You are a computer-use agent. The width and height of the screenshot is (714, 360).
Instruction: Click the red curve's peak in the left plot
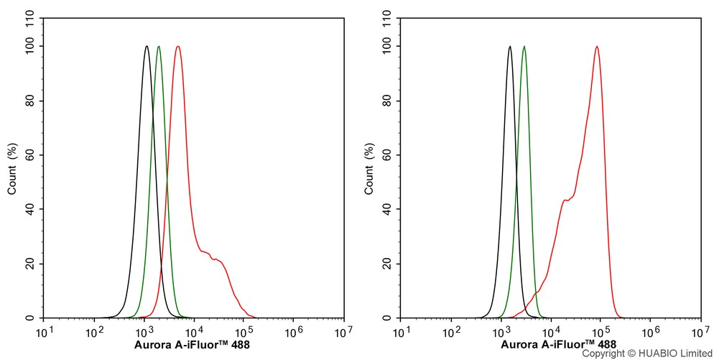(x=177, y=47)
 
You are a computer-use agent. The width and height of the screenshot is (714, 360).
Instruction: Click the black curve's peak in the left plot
(x=147, y=47)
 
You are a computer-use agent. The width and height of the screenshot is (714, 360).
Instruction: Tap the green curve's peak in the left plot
(x=159, y=47)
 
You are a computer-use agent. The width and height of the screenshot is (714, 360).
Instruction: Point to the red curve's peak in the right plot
(x=596, y=47)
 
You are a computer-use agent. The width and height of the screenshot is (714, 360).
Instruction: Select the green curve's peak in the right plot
(x=524, y=47)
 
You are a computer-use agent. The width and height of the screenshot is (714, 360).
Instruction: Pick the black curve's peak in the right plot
(x=509, y=47)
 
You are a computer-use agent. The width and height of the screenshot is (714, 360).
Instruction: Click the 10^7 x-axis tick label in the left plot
(x=343, y=332)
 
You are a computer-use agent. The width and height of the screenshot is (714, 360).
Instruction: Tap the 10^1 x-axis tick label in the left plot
(x=44, y=332)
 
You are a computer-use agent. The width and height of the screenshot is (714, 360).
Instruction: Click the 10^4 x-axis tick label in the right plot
(x=550, y=332)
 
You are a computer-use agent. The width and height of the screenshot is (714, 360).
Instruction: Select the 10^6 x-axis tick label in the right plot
(x=650, y=332)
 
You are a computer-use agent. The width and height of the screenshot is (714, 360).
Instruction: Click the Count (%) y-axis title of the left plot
(x=13, y=169)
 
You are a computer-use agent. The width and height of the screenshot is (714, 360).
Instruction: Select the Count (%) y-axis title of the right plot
(x=369, y=169)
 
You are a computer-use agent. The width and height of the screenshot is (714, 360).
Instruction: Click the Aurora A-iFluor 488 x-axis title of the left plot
(x=192, y=344)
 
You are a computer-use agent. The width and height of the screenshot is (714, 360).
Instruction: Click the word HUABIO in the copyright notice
(x=649, y=354)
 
